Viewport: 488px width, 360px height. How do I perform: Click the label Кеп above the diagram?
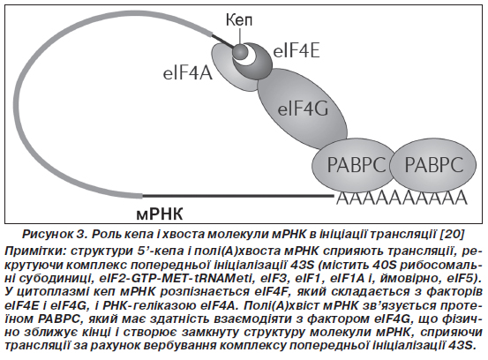pos(239,20)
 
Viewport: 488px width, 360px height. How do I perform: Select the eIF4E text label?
pos(296,51)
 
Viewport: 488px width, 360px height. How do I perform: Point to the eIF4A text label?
pos(188,73)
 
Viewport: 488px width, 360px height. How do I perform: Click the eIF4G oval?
pos(302,109)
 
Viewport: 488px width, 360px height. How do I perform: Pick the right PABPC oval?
pos(433,165)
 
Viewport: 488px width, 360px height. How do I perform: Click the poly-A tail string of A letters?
pos(402,198)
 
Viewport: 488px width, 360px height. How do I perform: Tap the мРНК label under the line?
pos(160,214)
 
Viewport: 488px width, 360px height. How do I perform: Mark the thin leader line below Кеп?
pos(240,36)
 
